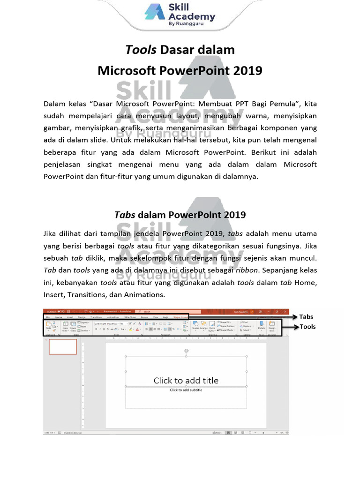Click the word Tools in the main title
tap(141, 50)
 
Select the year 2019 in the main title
tap(247, 71)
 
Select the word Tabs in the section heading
tap(125, 215)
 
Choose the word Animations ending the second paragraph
tap(143, 295)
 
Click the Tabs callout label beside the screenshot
tap(306, 317)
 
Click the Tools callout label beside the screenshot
tap(307, 327)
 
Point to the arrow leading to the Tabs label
tap(291, 317)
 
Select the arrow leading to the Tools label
tap(291, 327)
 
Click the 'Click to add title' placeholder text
tap(186, 380)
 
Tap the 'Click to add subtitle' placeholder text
tap(186, 390)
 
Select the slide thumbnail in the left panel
tap(63, 347)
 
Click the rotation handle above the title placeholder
tap(186, 351)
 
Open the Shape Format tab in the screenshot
tap(180, 317)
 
